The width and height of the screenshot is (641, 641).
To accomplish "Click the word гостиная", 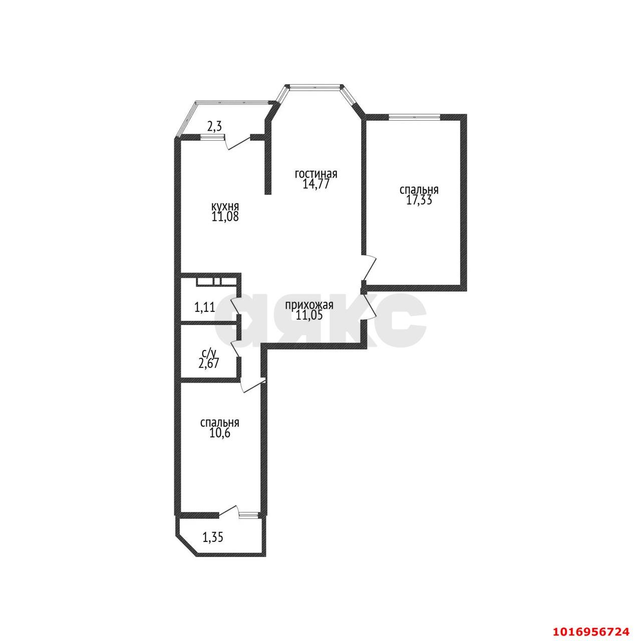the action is click(316, 174).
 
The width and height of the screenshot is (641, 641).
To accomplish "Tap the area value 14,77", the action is click(315, 184).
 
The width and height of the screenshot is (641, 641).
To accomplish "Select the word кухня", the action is click(225, 206).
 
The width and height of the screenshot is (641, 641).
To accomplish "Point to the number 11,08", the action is click(225, 216).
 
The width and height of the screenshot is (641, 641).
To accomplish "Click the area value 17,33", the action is click(419, 200).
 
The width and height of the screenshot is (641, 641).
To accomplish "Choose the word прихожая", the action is click(309, 304).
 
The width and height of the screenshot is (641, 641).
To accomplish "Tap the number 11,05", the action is click(309, 314).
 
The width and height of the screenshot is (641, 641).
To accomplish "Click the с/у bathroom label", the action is click(209, 353).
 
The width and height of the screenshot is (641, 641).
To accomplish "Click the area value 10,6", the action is click(219, 434).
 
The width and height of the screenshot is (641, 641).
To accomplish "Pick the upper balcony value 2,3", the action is click(214, 126).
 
